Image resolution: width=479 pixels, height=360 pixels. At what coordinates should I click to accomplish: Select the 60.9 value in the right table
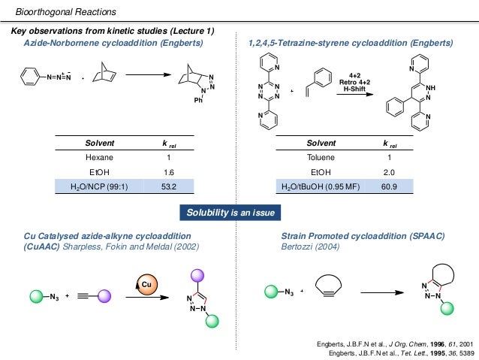point(387,186)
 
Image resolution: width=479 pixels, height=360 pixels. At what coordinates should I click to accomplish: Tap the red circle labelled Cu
point(146,283)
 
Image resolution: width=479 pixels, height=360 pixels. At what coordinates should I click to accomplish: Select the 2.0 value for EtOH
point(387,172)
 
